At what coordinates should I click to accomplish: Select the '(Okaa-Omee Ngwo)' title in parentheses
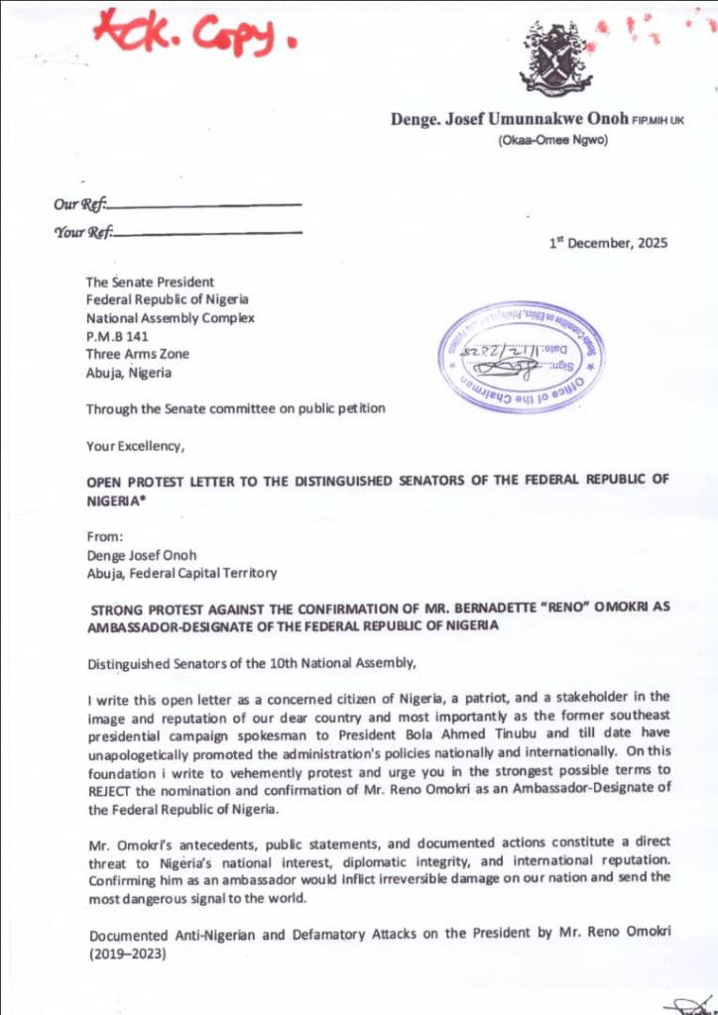(552, 141)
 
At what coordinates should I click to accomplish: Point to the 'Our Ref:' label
(78, 205)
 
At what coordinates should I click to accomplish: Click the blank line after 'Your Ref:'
(208, 233)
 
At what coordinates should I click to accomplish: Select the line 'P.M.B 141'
(117, 336)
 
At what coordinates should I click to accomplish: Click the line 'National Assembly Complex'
(170, 318)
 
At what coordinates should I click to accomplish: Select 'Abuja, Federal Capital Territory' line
(181, 572)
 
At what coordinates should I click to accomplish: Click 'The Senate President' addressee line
(149, 282)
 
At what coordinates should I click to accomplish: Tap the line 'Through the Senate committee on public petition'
(235, 408)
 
